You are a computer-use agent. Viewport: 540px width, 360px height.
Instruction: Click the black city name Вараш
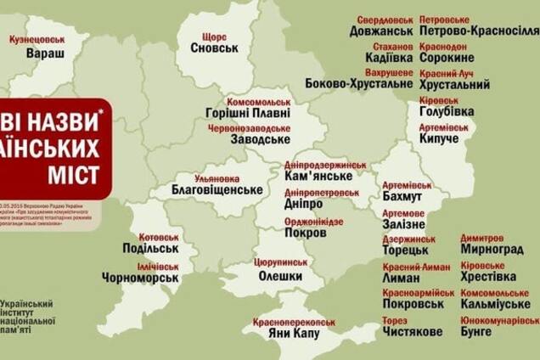tap(40, 53)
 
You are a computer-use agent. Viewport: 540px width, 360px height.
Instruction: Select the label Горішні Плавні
tap(248, 112)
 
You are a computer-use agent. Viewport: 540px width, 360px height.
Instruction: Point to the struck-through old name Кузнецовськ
tap(37, 39)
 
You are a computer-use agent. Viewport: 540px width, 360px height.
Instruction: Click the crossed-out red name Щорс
tap(213, 37)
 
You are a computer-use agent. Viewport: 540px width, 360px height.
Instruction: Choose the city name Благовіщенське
tap(216, 189)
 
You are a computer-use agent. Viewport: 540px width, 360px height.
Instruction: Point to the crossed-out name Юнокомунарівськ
tap(499, 320)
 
